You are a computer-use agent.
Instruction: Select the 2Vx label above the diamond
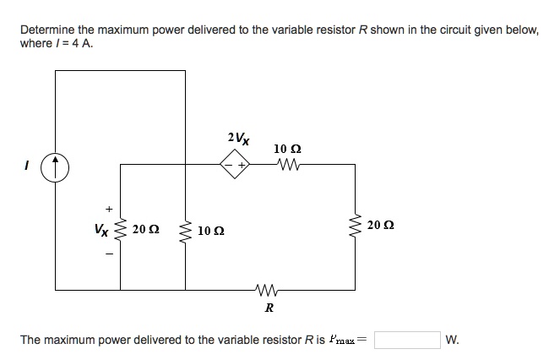[x=238, y=137]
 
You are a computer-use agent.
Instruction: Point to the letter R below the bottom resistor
[x=269, y=308]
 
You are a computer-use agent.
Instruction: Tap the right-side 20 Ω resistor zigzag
[x=353, y=226]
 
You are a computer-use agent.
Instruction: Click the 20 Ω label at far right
[x=381, y=226]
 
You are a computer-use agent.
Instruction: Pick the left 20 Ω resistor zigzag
[x=119, y=227]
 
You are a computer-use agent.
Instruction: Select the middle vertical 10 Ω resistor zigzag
[x=185, y=229]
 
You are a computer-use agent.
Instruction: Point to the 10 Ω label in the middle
[x=211, y=230]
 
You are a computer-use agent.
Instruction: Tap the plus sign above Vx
[x=107, y=208]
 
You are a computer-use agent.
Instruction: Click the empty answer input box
[x=408, y=340]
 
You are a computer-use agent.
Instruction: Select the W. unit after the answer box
[x=453, y=340]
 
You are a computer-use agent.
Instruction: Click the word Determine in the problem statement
[x=46, y=30]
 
